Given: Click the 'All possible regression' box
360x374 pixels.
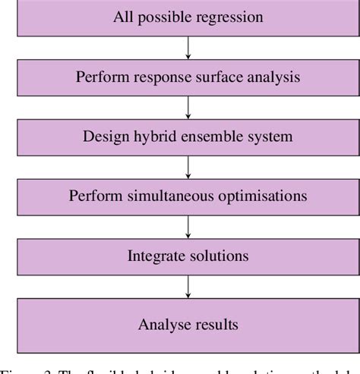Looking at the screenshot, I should [x=188, y=16].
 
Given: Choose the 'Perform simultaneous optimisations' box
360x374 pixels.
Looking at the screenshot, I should [x=188, y=196].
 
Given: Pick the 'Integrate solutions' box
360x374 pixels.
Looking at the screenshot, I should [x=188, y=256].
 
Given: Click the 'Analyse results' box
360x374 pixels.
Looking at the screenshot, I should [x=188, y=325].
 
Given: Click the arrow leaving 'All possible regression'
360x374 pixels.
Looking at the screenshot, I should [x=188, y=46].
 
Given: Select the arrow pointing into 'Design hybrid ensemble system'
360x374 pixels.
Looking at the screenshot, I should [x=188, y=106].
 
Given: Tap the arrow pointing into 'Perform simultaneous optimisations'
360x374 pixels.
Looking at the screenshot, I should [x=188, y=166].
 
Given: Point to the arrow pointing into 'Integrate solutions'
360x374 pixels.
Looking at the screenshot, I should [x=188, y=226].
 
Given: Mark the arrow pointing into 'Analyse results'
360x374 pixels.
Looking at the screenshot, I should [x=188, y=286].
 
